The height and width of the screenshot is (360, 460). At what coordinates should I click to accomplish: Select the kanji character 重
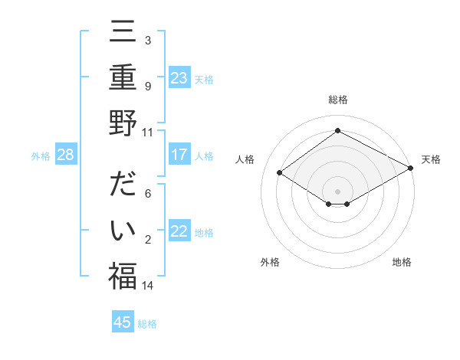(x=123, y=78)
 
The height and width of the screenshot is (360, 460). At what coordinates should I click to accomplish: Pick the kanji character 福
(x=123, y=276)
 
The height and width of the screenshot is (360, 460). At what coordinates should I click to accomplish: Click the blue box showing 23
(x=179, y=78)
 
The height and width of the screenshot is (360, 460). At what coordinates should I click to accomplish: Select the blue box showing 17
(x=179, y=155)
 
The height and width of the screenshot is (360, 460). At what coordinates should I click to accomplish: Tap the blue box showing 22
(x=179, y=232)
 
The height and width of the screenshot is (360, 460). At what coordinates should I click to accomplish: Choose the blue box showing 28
(x=65, y=155)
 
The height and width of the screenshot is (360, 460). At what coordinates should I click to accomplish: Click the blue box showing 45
(x=123, y=322)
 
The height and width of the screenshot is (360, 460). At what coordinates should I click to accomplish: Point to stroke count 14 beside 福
(x=148, y=286)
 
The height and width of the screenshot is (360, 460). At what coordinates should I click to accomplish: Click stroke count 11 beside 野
(x=148, y=131)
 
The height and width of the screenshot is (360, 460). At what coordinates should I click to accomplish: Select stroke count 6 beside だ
(x=148, y=194)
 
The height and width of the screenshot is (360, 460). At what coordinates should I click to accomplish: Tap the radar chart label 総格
(x=337, y=100)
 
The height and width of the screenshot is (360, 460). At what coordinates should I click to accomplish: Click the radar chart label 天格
(x=431, y=159)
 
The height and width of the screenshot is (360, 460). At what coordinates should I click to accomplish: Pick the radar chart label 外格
(x=270, y=262)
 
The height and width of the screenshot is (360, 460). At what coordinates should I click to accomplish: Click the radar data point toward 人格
(x=280, y=173)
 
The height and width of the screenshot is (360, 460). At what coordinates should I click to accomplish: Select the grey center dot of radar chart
(x=337, y=191)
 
